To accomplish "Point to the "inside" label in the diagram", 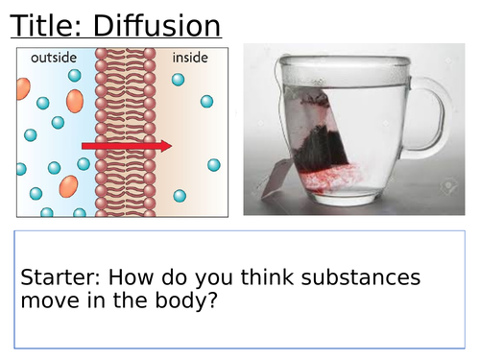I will click(x=189, y=59).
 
